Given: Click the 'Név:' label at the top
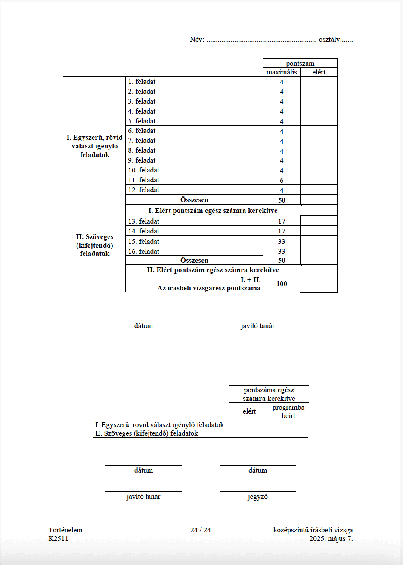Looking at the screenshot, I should [197, 40].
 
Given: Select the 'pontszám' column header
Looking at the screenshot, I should [300, 64].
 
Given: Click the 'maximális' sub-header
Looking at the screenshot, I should [282, 72].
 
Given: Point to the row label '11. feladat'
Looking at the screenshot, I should [144, 180].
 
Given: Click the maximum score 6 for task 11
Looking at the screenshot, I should [282, 181].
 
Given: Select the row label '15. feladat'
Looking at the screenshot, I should [144, 242].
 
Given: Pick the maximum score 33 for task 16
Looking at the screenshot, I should [282, 252].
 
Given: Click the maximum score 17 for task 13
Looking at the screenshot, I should [282, 221].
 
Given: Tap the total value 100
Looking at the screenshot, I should [282, 284].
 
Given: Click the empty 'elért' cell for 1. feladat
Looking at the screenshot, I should [319, 82].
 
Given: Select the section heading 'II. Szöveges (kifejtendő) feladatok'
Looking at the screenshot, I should [95, 245].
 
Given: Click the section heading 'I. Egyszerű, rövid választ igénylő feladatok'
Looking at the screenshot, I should [95, 146].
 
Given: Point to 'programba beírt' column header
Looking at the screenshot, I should [288, 411].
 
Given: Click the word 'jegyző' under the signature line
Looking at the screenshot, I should [257, 497].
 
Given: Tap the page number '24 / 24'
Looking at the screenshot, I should [201, 530].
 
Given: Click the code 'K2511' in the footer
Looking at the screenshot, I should [59, 539].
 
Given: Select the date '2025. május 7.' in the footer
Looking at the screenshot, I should [331, 539].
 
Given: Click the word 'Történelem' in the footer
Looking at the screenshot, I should [65, 530].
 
